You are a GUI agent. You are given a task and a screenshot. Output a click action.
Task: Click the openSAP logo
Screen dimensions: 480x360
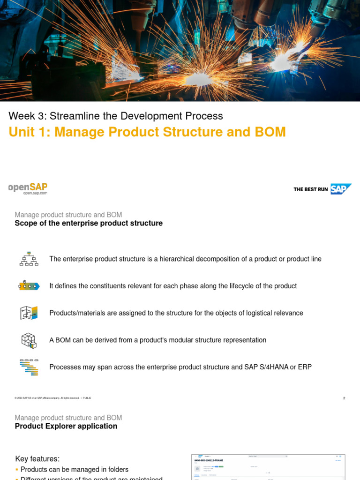pyautogui.click(x=28, y=187)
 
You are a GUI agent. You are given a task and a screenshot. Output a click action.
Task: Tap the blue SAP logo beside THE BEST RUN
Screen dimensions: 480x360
pyautogui.click(x=341, y=189)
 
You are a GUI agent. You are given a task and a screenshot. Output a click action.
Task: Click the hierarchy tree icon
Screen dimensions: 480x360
pyautogui.click(x=29, y=259)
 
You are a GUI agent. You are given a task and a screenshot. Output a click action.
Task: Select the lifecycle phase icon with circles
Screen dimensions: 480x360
pyautogui.click(x=29, y=285)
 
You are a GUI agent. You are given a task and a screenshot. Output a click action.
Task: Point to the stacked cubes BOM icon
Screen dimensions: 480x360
pyautogui.click(x=29, y=340)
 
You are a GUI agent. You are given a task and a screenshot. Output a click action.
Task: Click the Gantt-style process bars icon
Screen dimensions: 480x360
pyautogui.click(x=29, y=367)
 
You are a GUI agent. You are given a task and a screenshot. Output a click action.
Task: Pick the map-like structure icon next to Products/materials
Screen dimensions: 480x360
pyautogui.click(x=29, y=313)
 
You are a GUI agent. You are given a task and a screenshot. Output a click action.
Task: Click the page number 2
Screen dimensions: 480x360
pyautogui.click(x=344, y=398)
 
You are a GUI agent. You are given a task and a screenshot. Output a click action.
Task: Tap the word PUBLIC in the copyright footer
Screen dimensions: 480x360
pyautogui.click(x=87, y=398)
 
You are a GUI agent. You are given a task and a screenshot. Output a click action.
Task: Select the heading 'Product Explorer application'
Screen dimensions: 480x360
pyautogui.click(x=66, y=426)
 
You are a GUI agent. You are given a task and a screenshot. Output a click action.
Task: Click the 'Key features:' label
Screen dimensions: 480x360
pyautogui.click(x=37, y=459)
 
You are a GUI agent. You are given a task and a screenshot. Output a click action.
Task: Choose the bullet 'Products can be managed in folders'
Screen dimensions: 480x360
pyautogui.click(x=74, y=469)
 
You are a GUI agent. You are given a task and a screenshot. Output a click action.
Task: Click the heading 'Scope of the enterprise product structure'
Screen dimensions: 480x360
pyautogui.click(x=89, y=223)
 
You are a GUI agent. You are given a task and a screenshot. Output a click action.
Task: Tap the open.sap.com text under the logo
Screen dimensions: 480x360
pyautogui.click(x=35, y=193)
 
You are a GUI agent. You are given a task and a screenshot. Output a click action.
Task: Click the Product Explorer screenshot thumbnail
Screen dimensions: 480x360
pyautogui.click(x=268, y=467)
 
